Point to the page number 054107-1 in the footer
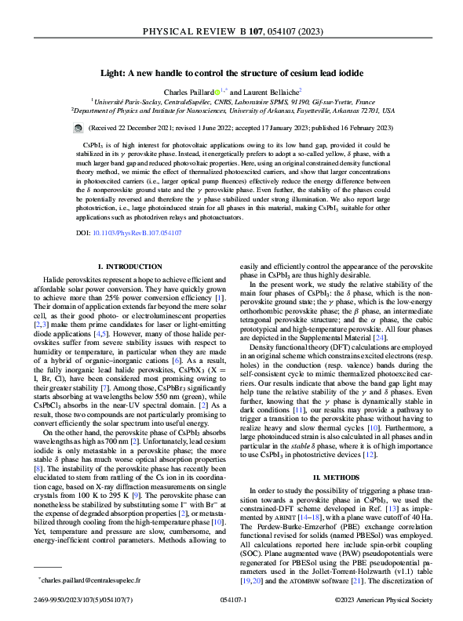pos(232,601)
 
